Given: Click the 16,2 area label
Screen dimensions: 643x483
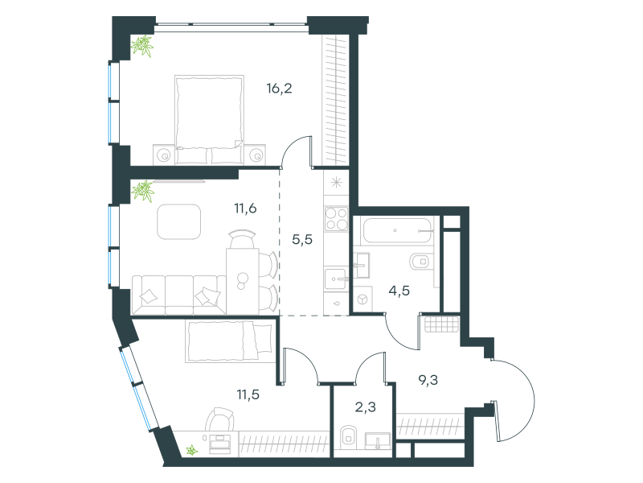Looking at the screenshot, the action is coord(279,89).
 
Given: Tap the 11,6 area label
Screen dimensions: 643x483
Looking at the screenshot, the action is coord(245,208).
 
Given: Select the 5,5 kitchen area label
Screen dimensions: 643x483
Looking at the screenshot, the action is coord(302,239).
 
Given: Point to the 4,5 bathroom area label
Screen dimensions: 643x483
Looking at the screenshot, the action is coord(399,291).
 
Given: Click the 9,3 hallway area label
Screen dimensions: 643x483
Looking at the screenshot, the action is coord(428,380).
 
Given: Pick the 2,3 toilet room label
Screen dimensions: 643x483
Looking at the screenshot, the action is coord(366,407).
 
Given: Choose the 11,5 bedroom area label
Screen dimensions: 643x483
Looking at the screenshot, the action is coord(248,394).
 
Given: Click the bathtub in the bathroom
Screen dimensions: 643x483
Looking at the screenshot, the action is coord(397,230).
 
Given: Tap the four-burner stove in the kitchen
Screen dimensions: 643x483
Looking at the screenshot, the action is coord(336,219).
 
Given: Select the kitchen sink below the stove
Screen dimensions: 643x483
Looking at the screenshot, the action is coord(336,279).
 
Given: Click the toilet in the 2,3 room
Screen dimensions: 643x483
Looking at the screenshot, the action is coord(348,437).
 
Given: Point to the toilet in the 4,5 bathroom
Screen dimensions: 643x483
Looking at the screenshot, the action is coord(420,261).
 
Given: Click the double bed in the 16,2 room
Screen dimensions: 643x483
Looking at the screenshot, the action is coord(209,120).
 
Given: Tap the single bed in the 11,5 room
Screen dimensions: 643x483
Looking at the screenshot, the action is coord(230,341).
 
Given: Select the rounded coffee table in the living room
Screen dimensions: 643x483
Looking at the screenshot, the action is coord(179,222).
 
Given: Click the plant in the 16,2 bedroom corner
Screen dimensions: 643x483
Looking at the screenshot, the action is coord(142,46).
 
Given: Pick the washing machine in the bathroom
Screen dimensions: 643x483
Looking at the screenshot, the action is coord(363,299).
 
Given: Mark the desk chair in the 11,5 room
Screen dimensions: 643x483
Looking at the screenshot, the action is coord(219,419).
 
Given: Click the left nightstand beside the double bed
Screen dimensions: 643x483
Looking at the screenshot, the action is coord(165,155).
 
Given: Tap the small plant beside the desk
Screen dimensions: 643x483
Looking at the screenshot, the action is coord(191,451).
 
